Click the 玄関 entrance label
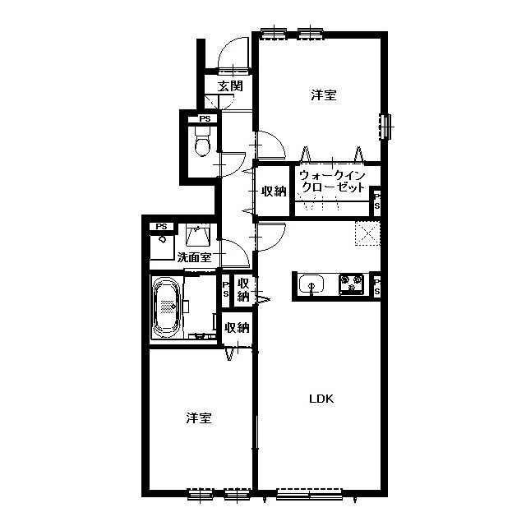point(230,86)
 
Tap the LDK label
point(321,399)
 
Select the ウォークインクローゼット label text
point(332,181)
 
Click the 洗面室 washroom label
point(194,257)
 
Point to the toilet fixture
point(203,142)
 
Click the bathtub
point(166,307)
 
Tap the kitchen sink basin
point(311,284)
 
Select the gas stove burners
point(352,284)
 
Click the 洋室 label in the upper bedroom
point(324,95)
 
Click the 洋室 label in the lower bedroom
point(199,418)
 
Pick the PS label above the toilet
point(205,118)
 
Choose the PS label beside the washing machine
point(161,227)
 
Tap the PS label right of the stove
point(376,287)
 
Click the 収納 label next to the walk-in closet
point(274,191)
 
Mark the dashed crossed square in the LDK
point(367,233)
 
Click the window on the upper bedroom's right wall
point(385,127)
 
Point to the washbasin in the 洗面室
point(198,234)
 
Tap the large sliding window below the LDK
point(309,494)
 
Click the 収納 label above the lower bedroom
point(238,327)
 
